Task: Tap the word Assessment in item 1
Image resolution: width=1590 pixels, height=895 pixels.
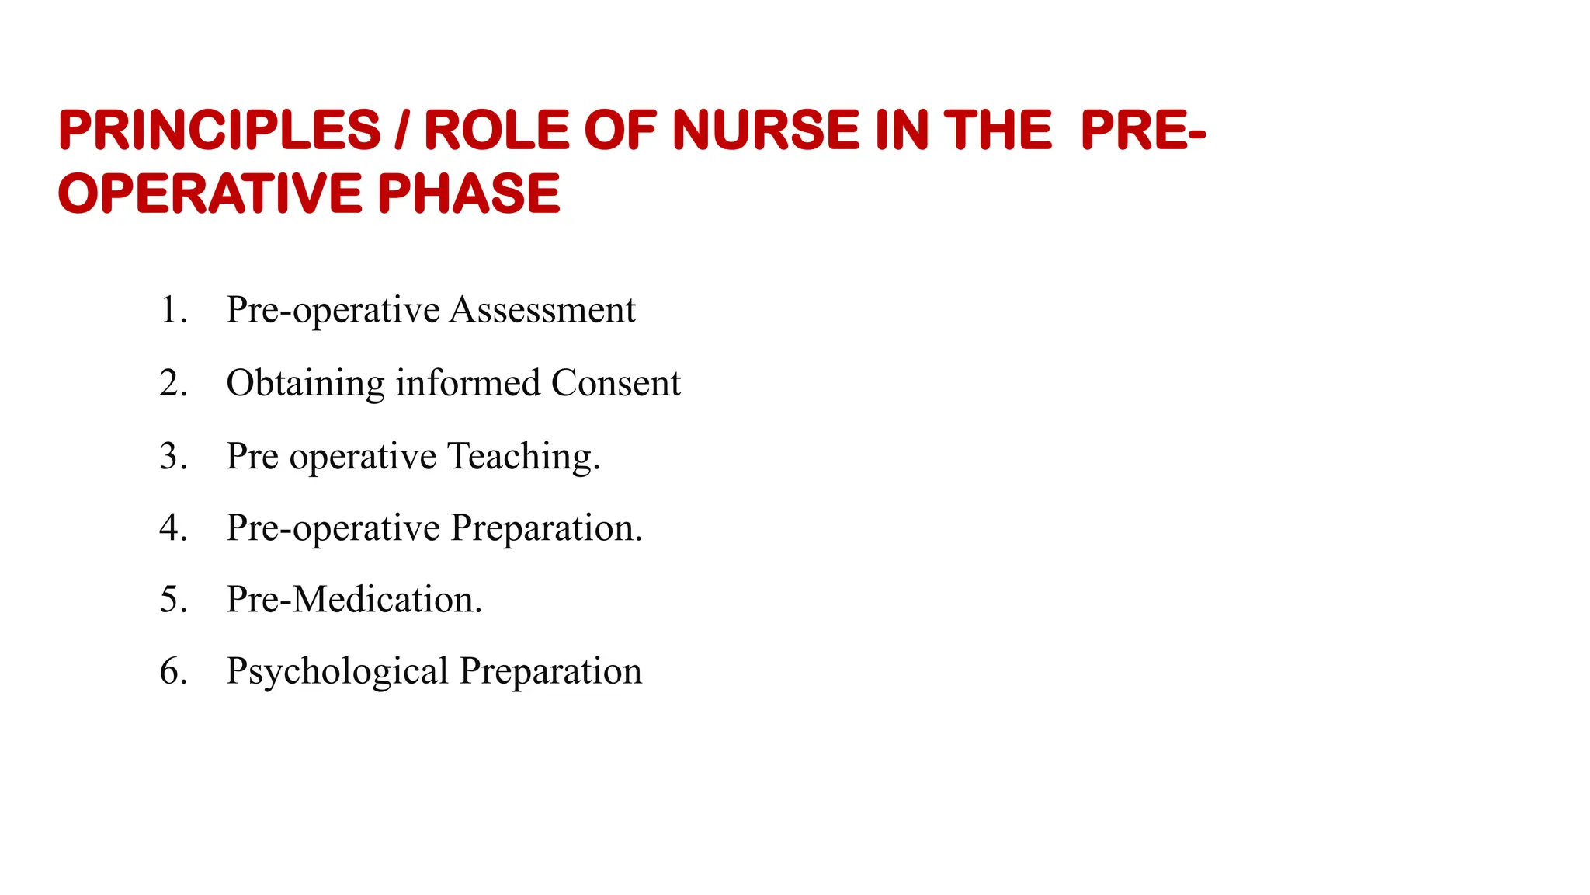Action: click(543, 310)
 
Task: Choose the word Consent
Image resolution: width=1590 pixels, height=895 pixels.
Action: click(616, 383)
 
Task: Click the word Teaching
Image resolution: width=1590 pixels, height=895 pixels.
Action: click(524, 456)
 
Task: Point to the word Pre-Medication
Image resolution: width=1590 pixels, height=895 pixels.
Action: click(354, 599)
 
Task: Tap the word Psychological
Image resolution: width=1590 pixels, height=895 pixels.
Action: click(337, 672)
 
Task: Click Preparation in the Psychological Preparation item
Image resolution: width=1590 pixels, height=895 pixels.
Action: click(550, 672)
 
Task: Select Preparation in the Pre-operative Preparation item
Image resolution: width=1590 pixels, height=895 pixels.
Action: click(547, 528)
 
